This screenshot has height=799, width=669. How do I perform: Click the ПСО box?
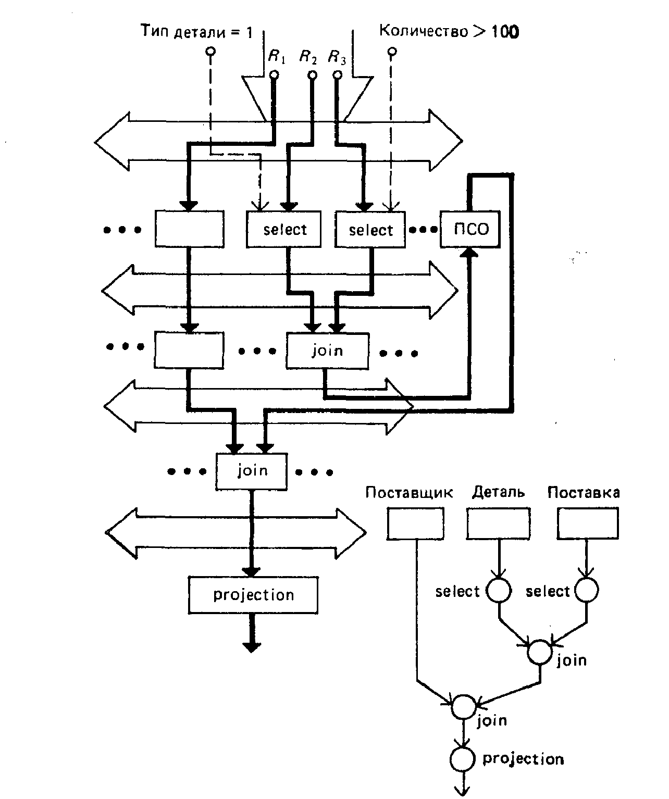[x=470, y=229]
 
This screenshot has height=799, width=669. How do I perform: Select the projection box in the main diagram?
[x=253, y=595]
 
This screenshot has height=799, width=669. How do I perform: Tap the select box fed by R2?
[x=284, y=229]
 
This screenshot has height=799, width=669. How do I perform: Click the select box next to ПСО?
[x=370, y=229]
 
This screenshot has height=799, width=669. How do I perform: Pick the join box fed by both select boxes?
[x=327, y=351]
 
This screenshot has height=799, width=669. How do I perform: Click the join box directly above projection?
[x=252, y=471]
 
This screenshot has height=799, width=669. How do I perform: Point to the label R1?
[x=277, y=56]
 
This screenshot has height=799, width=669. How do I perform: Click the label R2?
[x=308, y=56]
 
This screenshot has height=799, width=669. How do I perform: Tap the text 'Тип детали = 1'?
[x=197, y=32]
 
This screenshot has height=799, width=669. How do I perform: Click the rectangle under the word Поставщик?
[x=415, y=523]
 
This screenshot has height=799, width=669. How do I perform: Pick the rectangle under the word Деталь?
[x=499, y=523]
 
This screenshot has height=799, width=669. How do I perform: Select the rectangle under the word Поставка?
[x=588, y=523]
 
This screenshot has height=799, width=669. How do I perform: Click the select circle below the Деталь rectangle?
[x=499, y=591]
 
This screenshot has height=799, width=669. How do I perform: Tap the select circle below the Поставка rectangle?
[x=586, y=591]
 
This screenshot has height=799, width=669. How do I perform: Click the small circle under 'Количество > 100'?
[x=392, y=52]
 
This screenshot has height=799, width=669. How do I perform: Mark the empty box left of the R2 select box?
[x=189, y=229]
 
